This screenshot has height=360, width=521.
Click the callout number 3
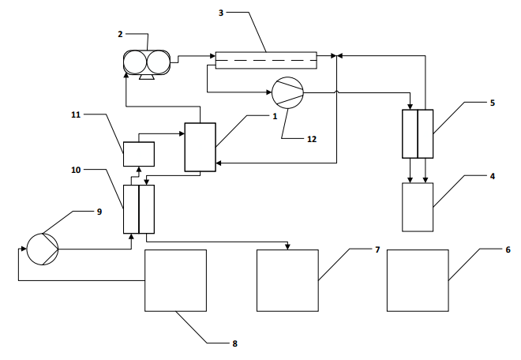[221, 13]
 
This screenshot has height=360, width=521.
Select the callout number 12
[312, 139]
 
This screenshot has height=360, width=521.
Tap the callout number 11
[76, 114]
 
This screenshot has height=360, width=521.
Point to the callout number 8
[235, 343]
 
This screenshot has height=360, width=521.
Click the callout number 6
[508, 249]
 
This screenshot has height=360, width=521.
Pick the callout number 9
[99, 212]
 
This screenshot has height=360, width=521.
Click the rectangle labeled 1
[200, 148]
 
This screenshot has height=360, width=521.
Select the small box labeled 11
[139, 154]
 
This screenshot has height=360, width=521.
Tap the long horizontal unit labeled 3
[266, 60]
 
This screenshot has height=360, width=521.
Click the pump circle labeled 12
[288, 93]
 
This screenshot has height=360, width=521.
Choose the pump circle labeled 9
[43, 249]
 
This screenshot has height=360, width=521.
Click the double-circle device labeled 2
[147, 62]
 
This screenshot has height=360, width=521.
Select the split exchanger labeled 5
[418, 134]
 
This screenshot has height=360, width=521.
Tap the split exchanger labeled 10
[139, 209]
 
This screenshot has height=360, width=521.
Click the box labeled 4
[418, 207]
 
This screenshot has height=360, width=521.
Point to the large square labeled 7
[288, 280]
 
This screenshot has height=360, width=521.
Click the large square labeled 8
[175, 280]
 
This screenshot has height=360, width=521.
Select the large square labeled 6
[418, 280]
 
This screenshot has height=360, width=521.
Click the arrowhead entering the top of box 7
[288, 247]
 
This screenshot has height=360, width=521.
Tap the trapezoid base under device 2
[147, 77]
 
